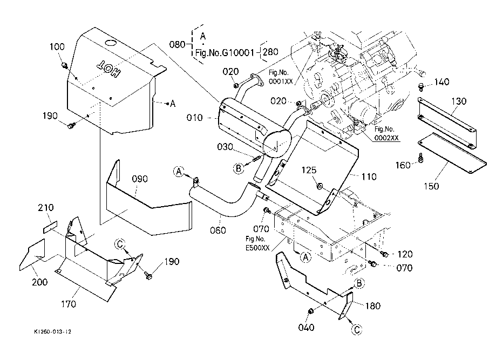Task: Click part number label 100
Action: [x=57, y=47]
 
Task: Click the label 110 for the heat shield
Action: [x=354, y=176]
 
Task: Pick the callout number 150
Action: [x=431, y=186]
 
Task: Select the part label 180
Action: [x=372, y=306]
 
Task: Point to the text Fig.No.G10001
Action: [x=224, y=53]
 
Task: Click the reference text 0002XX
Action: [x=387, y=138]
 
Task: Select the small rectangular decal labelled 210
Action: [x=49, y=226]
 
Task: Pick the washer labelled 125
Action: [x=320, y=186]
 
